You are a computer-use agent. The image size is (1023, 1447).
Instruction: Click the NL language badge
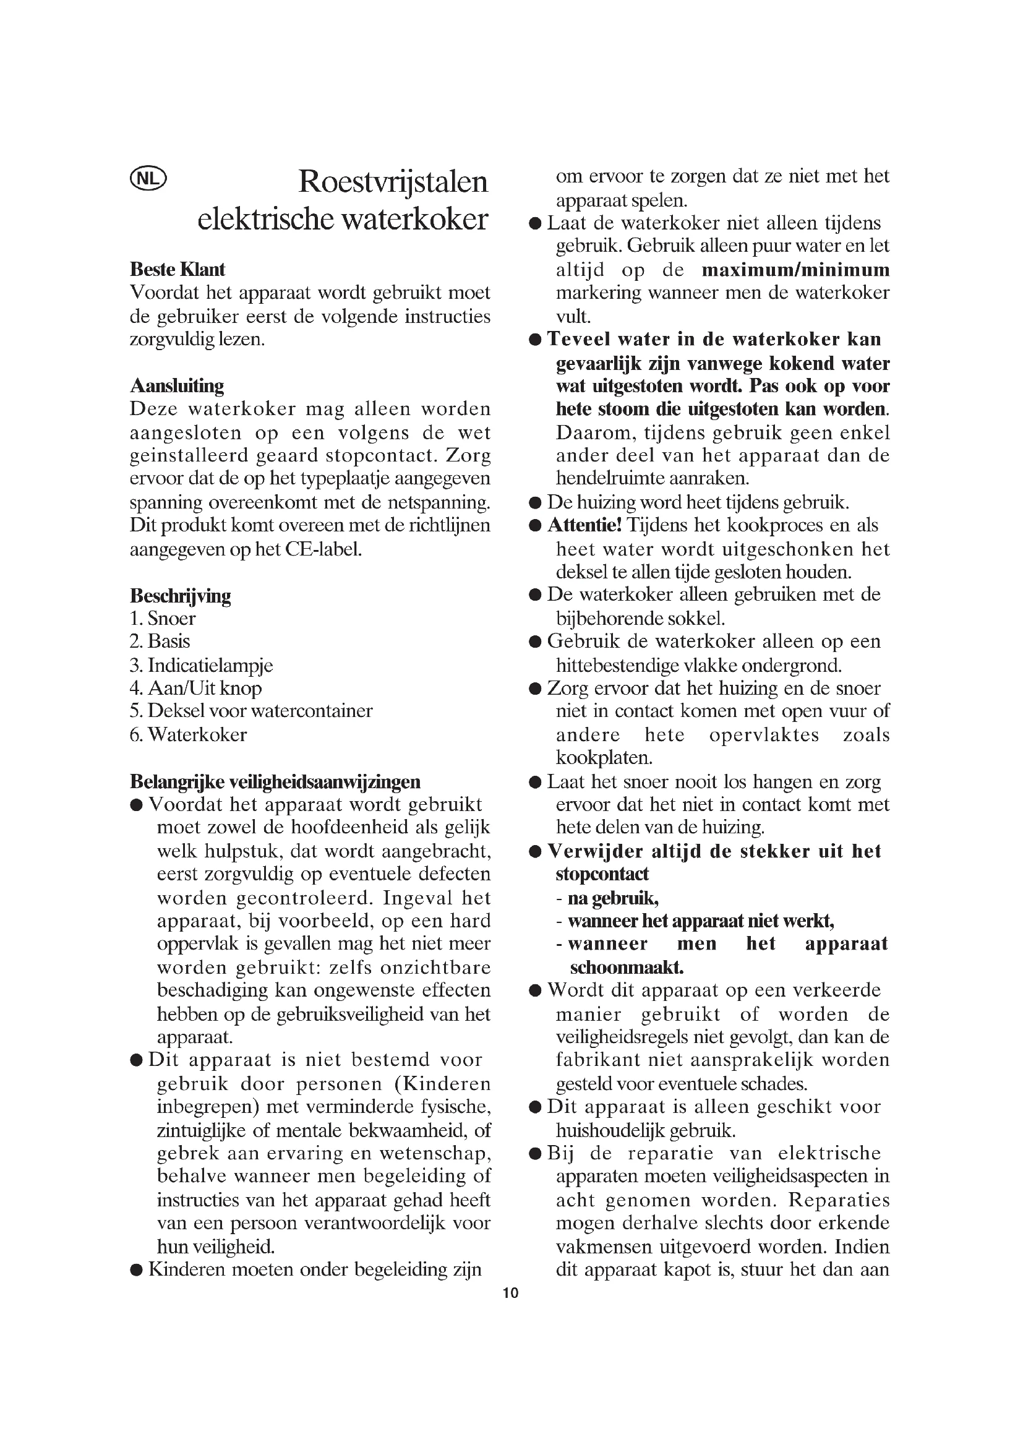(148, 179)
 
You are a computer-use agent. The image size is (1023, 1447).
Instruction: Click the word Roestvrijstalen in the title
(393, 181)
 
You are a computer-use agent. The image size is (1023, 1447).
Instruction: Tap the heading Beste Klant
(177, 269)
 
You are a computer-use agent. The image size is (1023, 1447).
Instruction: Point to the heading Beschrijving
(180, 595)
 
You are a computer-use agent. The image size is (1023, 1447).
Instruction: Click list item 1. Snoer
(163, 618)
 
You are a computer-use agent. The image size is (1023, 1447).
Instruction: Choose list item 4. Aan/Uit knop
(195, 688)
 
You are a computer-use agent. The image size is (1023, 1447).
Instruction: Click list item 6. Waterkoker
(189, 735)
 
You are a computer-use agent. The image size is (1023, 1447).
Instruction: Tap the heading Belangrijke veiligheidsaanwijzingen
(275, 781)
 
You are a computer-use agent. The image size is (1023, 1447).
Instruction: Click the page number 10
(511, 1293)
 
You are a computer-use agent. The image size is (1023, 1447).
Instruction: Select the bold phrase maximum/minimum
(795, 270)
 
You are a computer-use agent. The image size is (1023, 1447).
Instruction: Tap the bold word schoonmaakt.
(626, 967)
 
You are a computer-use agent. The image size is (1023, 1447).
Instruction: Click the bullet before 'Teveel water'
(535, 340)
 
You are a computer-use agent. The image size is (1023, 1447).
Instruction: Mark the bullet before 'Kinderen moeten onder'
(136, 1270)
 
